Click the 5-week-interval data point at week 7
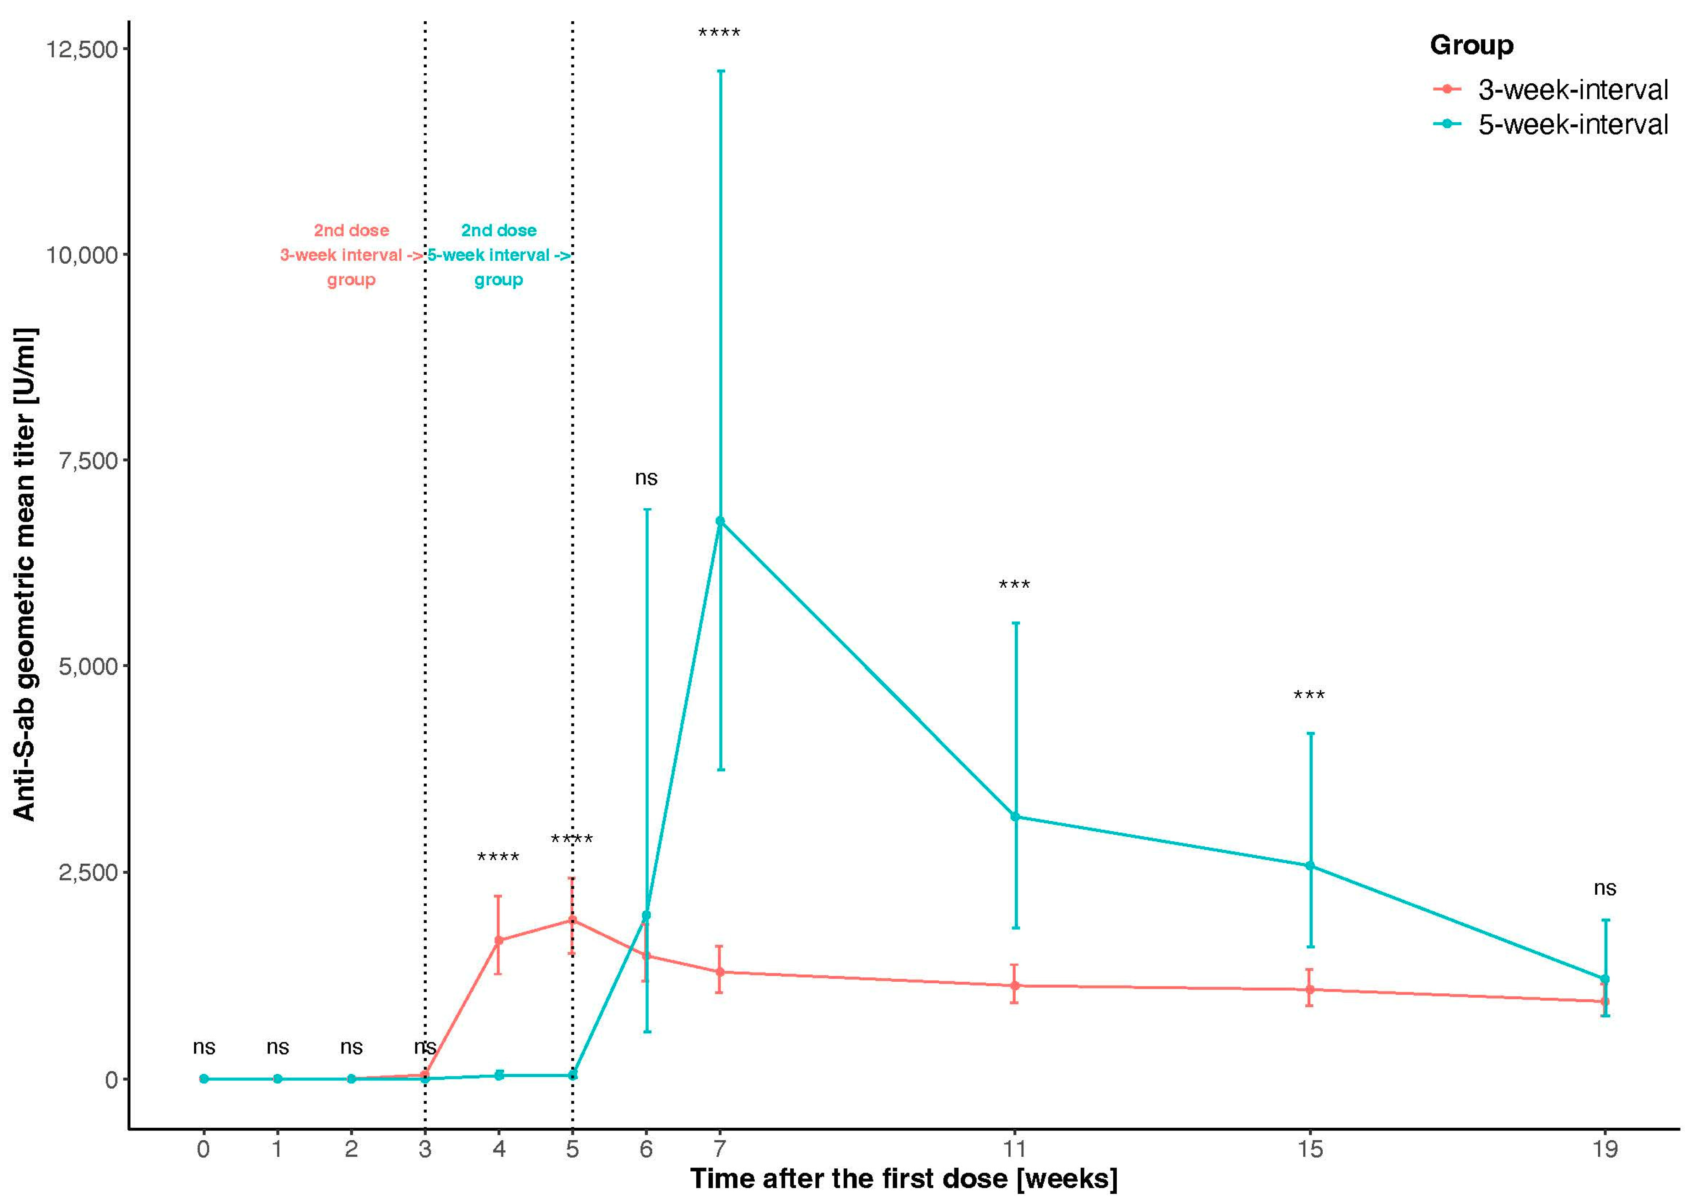click(720, 521)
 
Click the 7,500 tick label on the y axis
click(88, 460)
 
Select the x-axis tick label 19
click(1605, 1149)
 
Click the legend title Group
click(1471, 45)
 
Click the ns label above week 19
click(1605, 888)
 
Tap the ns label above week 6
click(646, 478)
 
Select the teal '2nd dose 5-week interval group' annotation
click(498, 255)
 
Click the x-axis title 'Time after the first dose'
click(903, 1179)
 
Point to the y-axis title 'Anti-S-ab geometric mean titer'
click(24, 575)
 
